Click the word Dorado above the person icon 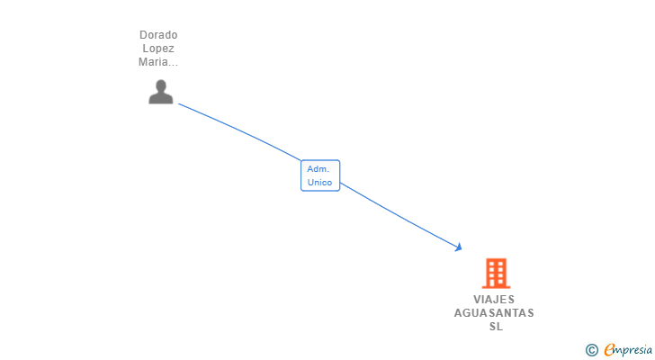pyautogui.click(x=158, y=35)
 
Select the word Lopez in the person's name pyautogui.click(x=158, y=49)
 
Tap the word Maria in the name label pyautogui.click(x=154, y=62)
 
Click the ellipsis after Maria pyautogui.click(x=174, y=63)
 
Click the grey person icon pyautogui.click(x=160, y=92)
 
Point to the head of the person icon pyautogui.click(x=160, y=85)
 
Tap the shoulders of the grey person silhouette pyautogui.click(x=160, y=98)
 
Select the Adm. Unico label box pyautogui.click(x=320, y=175)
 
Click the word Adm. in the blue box pyautogui.click(x=319, y=169)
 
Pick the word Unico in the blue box pyautogui.click(x=319, y=183)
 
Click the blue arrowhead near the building pyautogui.click(x=458, y=247)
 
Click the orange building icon pyautogui.click(x=496, y=273)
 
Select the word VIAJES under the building pyautogui.click(x=495, y=300)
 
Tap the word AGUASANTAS pyautogui.click(x=494, y=313)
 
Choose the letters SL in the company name pyautogui.click(x=496, y=327)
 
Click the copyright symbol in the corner pyautogui.click(x=591, y=350)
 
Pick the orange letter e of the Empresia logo pyautogui.click(x=609, y=349)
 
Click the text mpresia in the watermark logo pyautogui.click(x=633, y=350)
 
